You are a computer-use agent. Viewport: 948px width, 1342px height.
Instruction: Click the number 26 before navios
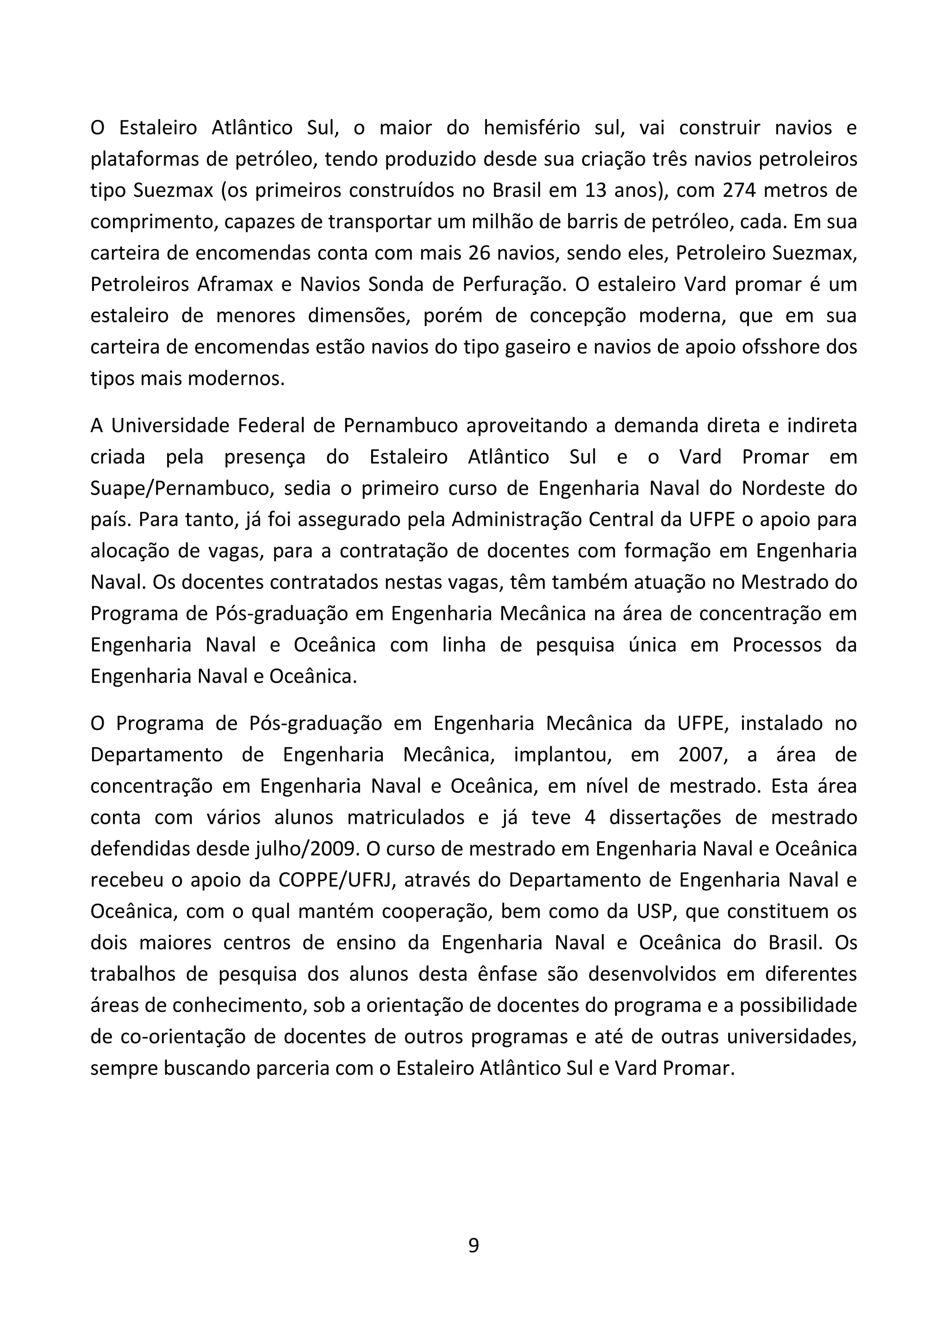click(480, 253)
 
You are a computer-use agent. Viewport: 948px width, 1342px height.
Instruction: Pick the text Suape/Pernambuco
click(182, 488)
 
